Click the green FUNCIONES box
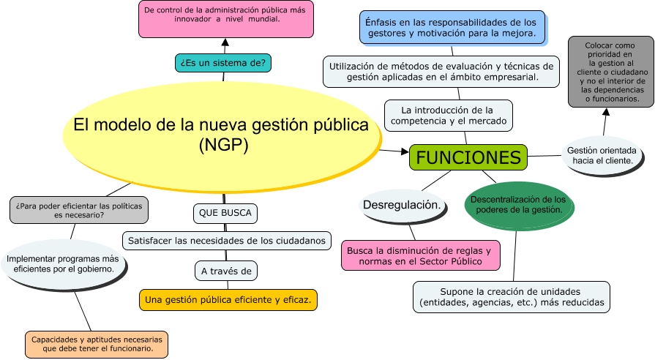click(468, 157)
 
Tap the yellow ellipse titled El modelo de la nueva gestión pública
click(222, 137)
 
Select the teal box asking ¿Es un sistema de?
click(223, 63)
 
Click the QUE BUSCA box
click(225, 214)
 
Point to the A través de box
click(226, 271)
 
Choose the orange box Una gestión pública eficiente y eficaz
click(228, 300)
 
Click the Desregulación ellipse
click(403, 206)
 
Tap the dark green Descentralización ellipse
click(519, 206)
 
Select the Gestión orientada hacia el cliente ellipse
click(602, 155)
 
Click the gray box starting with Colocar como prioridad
click(610, 72)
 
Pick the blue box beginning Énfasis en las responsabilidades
click(452, 28)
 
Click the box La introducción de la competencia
click(448, 116)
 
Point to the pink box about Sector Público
click(420, 255)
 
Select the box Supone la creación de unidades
click(512, 297)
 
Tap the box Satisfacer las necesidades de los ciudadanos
click(226, 241)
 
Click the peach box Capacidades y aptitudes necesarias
click(97, 344)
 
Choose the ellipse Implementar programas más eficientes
click(63, 264)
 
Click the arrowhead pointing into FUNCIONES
click(405, 151)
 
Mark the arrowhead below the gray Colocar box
click(606, 111)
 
